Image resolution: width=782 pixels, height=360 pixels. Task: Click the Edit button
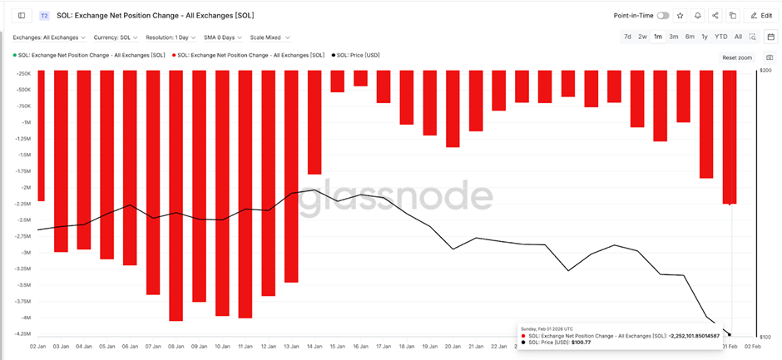(761, 15)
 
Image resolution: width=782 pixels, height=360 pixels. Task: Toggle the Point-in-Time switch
(663, 15)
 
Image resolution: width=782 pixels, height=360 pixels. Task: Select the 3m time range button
(674, 37)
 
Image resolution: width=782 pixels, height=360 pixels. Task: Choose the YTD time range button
(721, 37)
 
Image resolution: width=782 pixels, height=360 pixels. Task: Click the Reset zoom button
(736, 57)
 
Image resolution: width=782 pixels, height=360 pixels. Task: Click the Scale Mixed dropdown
(270, 37)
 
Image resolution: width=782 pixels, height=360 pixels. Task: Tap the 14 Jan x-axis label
(314, 345)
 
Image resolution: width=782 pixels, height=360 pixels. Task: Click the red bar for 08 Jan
(176, 195)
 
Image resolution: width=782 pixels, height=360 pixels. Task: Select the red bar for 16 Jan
(360, 78)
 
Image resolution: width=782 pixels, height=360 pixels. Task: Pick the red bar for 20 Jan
(453, 108)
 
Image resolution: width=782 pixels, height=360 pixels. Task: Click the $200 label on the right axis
(765, 71)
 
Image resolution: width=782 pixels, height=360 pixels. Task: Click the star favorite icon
(681, 15)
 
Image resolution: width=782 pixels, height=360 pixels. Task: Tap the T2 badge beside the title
(44, 15)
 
